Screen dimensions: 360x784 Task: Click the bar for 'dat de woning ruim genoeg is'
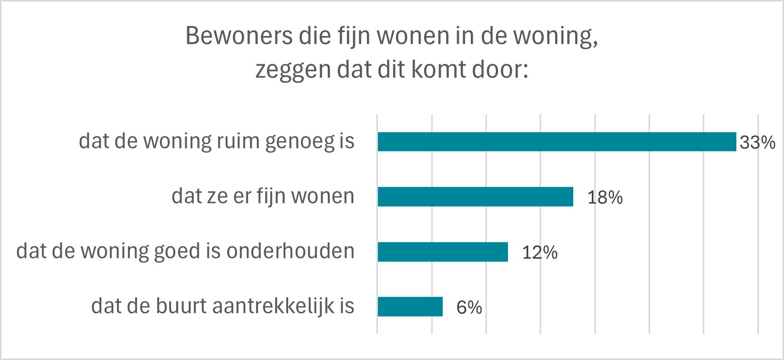tap(556, 142)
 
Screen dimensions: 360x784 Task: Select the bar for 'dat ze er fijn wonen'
tap(475, 197)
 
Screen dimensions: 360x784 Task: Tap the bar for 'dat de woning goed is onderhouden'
tap(442, 252)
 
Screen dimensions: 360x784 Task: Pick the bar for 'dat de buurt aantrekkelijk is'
tap(410, 307)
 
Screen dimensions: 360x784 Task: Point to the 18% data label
tap(605, 198)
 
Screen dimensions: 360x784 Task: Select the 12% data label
tap(540, 253)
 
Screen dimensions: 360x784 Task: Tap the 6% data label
tap(469, 308)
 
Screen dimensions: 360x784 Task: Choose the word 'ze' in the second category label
tap(213, 197)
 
